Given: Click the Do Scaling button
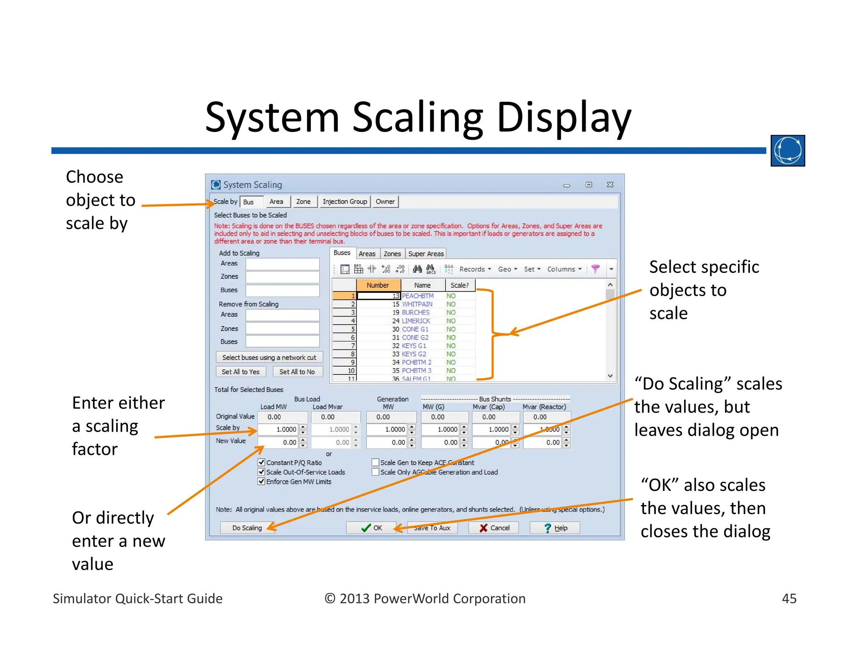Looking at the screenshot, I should point(247,528).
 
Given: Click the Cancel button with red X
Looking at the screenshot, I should point(494,528).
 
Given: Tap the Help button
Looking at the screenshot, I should point(555,528).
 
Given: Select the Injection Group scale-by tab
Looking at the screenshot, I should point(344,202).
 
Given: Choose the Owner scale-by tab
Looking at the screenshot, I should point(385,202).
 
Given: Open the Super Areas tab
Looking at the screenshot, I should point(426,254).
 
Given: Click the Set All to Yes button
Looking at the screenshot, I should point(241,372).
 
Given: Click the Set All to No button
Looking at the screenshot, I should point(297,372).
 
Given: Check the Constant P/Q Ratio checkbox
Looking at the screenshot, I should point(261,462).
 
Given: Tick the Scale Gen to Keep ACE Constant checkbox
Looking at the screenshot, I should point(376,462).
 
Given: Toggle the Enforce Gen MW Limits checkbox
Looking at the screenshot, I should point(261,481).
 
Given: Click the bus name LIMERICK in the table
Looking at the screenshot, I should point(416,321).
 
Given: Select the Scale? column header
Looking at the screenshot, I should point(459,285).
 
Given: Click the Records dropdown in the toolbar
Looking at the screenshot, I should point(475,269).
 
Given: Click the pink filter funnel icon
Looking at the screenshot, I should point(595,269).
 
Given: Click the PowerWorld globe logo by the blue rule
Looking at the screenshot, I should point(787,151).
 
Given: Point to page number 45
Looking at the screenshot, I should point(789,598).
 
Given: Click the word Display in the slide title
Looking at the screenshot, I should point(563,118).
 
